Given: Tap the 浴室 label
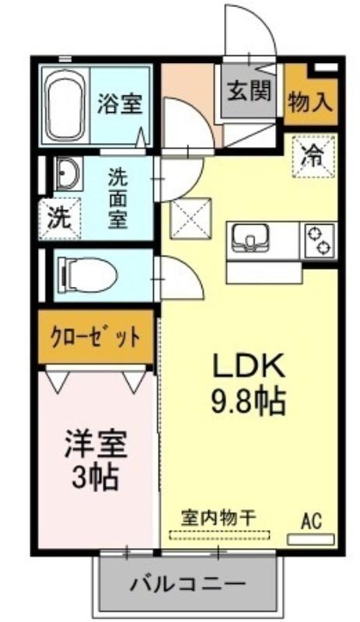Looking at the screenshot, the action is (x=120, y=103).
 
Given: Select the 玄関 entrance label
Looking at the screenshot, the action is (x=250, y=91).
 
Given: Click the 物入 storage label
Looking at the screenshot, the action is (x=310, y=103).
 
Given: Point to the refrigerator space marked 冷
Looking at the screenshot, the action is (x=313, y=156).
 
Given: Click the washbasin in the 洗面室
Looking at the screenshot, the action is (x=68, y=173).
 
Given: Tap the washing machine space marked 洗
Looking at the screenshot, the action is (x=60, y=218).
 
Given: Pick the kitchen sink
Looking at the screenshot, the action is (x=250, y=238).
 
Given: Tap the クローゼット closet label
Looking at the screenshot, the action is (x=96, y=337).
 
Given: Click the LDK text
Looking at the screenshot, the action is (x=250, y=365).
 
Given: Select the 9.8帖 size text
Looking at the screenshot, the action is (x=249, y=401).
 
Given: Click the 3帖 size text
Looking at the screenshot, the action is (x=96, y=477).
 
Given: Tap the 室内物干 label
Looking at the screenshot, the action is (x=218, y=518).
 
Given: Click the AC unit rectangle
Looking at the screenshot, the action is (x=311, y=540).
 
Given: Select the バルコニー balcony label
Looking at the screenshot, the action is (x=187, y=584).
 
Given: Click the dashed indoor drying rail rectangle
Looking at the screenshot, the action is (x=219, y=535).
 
